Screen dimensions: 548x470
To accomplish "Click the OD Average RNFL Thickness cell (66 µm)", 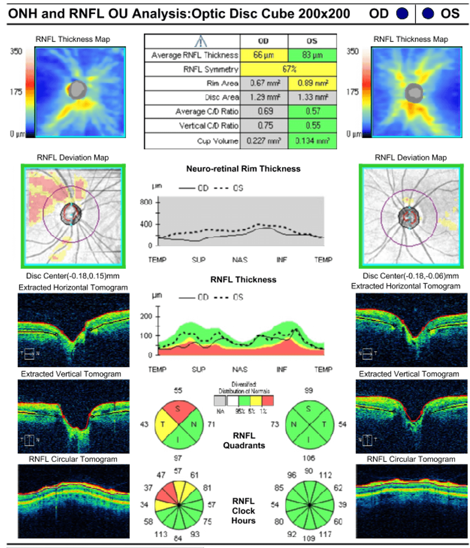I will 264,55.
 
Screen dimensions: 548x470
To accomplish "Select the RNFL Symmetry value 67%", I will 289,69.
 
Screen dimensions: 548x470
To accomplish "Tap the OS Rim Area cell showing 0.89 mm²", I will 312,83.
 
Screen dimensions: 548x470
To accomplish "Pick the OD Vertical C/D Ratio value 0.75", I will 264,126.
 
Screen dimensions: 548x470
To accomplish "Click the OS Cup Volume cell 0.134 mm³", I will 312,141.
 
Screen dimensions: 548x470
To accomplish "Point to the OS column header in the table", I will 312,41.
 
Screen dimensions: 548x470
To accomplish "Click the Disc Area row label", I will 222,97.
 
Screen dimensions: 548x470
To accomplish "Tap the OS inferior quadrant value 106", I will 309,458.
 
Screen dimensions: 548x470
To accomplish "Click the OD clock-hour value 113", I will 161,534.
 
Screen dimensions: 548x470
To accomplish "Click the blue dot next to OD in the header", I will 402,14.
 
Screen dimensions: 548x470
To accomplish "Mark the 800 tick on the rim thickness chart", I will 146,202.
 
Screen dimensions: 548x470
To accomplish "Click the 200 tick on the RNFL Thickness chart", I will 146,316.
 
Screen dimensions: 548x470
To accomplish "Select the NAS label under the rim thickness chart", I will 240,260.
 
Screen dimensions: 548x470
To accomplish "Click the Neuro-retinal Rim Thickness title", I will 243,169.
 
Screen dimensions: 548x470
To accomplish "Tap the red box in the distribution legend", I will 267,401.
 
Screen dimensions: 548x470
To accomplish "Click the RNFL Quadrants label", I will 244,440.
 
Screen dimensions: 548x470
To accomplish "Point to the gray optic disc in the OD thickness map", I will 78,89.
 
